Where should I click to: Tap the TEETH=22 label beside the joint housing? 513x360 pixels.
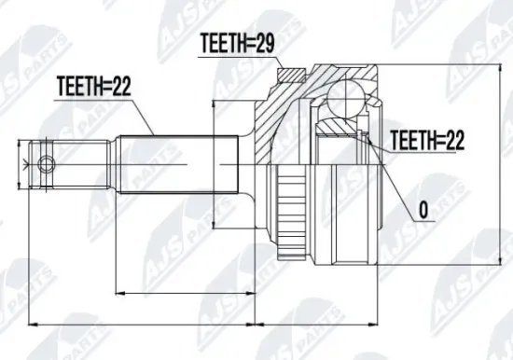pyautogui.click(x=425, y=140)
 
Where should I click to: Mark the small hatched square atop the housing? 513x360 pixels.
pyautogui.click(x=291, y=76)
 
